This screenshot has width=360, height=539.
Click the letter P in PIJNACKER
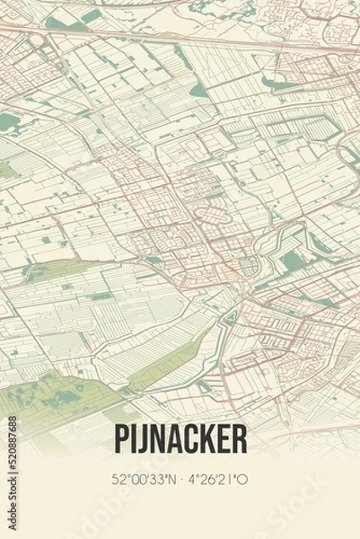122,438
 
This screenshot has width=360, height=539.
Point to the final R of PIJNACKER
239,438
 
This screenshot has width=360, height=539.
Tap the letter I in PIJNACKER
136,438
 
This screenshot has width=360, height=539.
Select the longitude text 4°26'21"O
216,480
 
